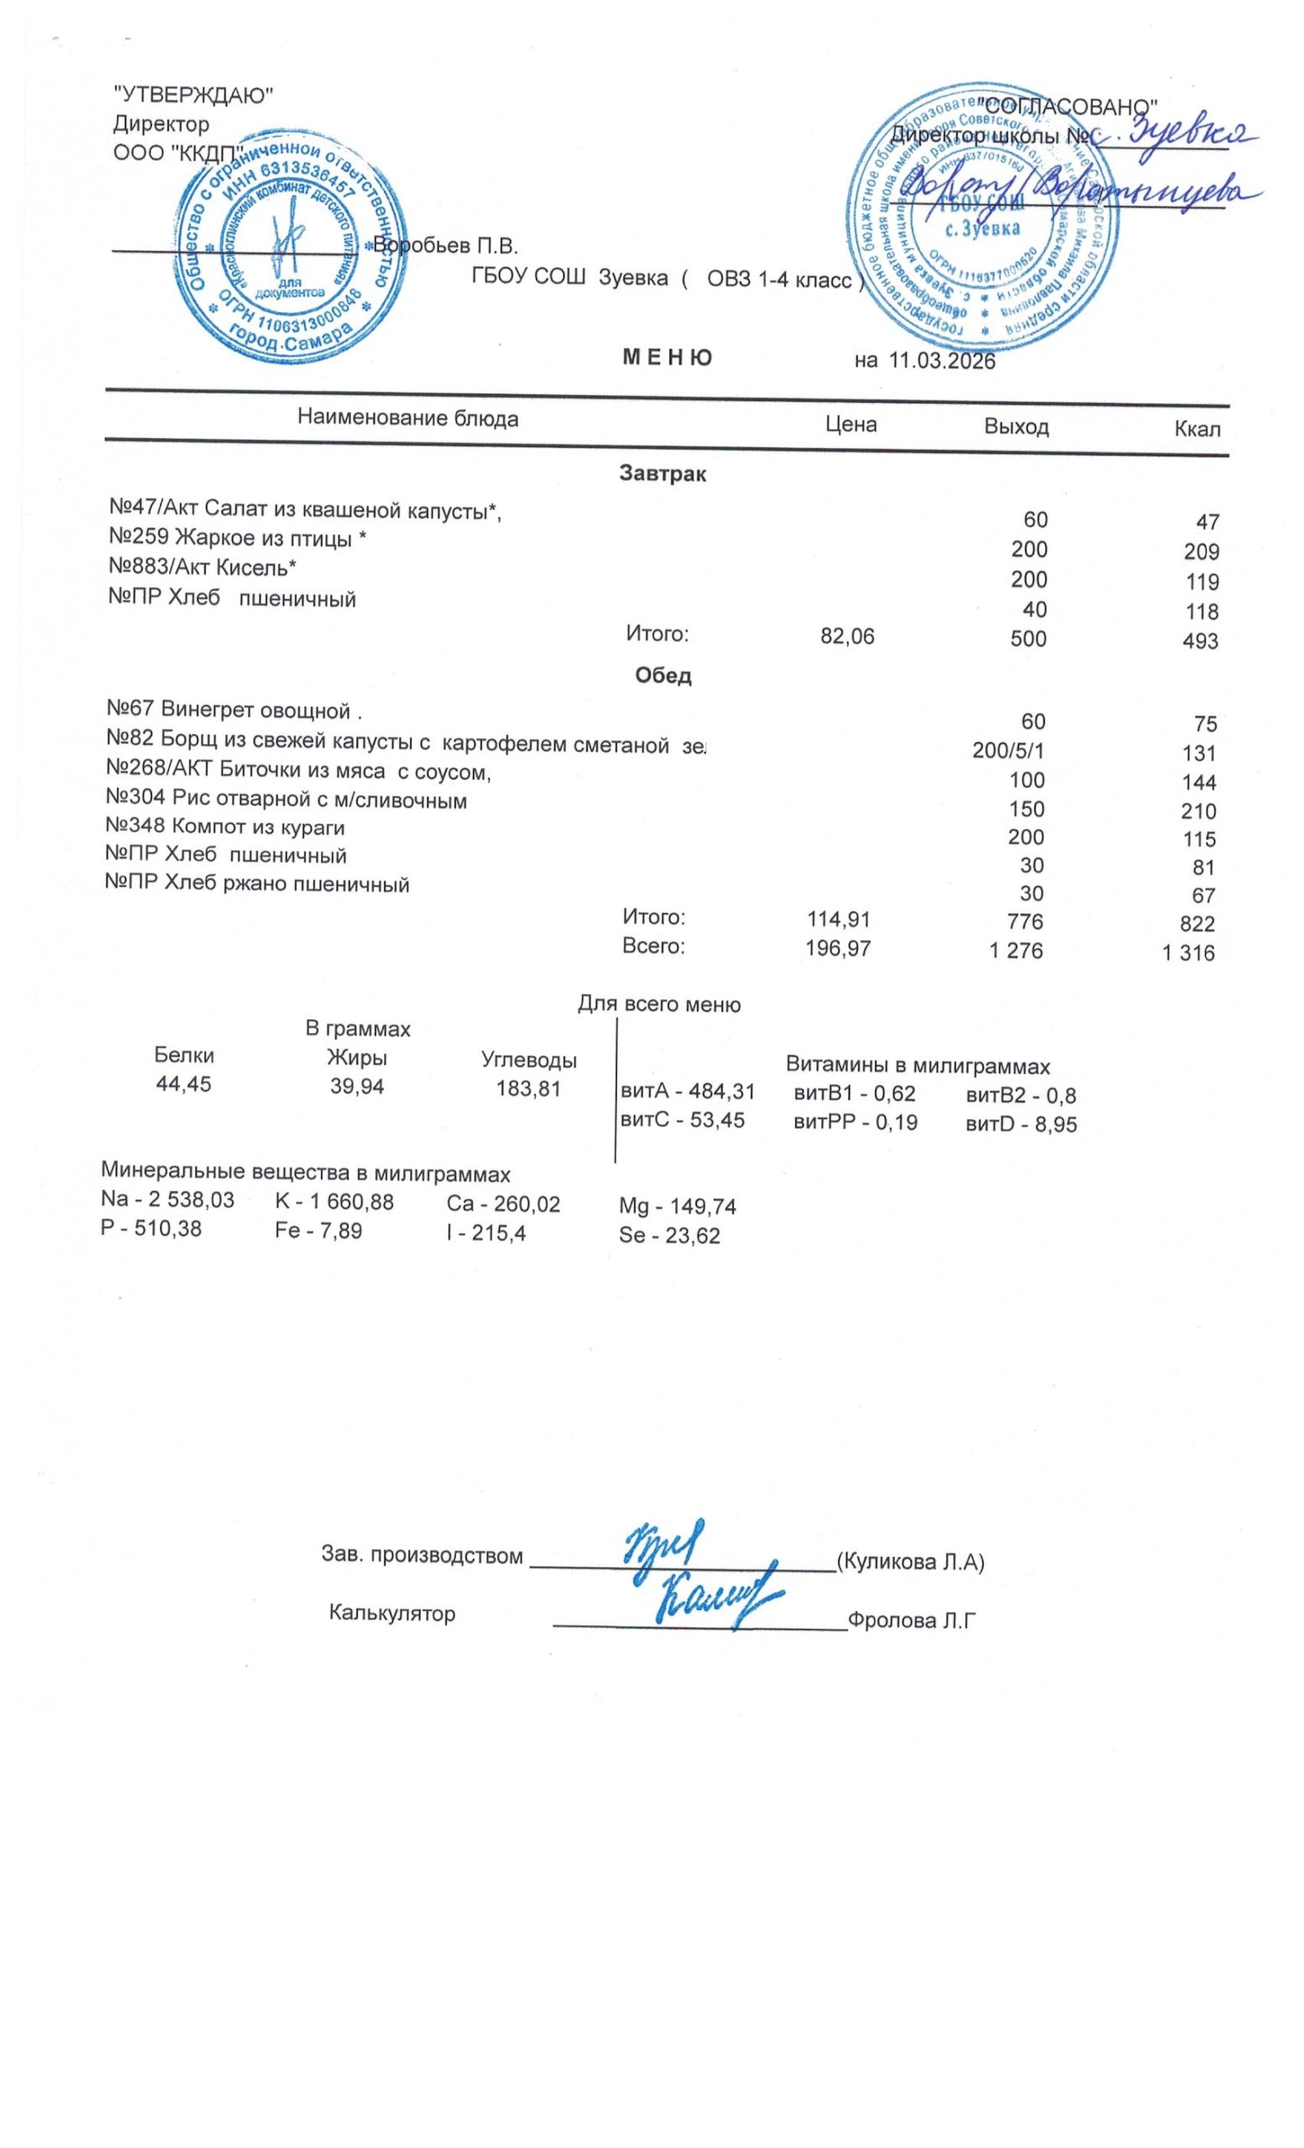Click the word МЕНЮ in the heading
pyautogui.click(x=666, y=357)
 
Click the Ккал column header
pyautogui.click(x=1197, y=429)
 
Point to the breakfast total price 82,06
pyautogui.click(x=848, y=637)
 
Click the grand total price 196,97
pyautogui.click(x=837, y=948)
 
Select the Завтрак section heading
pyautogui.click(x=662, y=474)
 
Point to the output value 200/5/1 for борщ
pyautogui.click(x=1008, y=751)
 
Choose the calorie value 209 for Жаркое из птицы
pyautogui.click(x=1201, y=552)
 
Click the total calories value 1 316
pyautogui.click(x=1188, y=953)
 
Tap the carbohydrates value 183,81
pyautogui.click(x=528, y=1088)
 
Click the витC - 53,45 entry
pyautogui.click(x=681, y=1120)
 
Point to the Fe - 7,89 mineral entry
pyautogui.click(x=318, y=1231)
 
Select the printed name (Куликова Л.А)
pyautogui.click(x=910, y=1561)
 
